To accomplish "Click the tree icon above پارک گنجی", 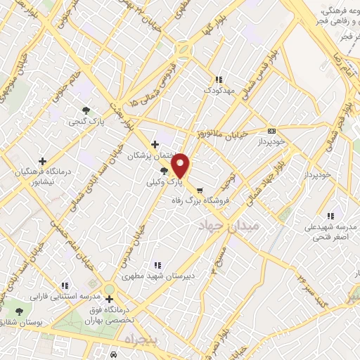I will coord(86,110).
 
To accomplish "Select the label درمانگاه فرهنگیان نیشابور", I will coord(42,174).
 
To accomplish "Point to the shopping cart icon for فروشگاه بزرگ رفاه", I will coord(199,190).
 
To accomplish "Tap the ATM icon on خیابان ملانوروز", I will coord(272,131).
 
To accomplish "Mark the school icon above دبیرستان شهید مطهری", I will coord(157,265).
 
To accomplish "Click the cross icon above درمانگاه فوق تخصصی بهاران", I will coord(109,298).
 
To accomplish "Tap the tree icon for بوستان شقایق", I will coord(18,311).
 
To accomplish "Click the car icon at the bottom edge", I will coord(113,355).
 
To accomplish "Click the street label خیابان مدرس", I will coord(144,240).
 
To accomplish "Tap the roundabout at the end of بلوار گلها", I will coord(184,50).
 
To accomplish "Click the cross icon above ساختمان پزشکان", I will coord(155,144).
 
